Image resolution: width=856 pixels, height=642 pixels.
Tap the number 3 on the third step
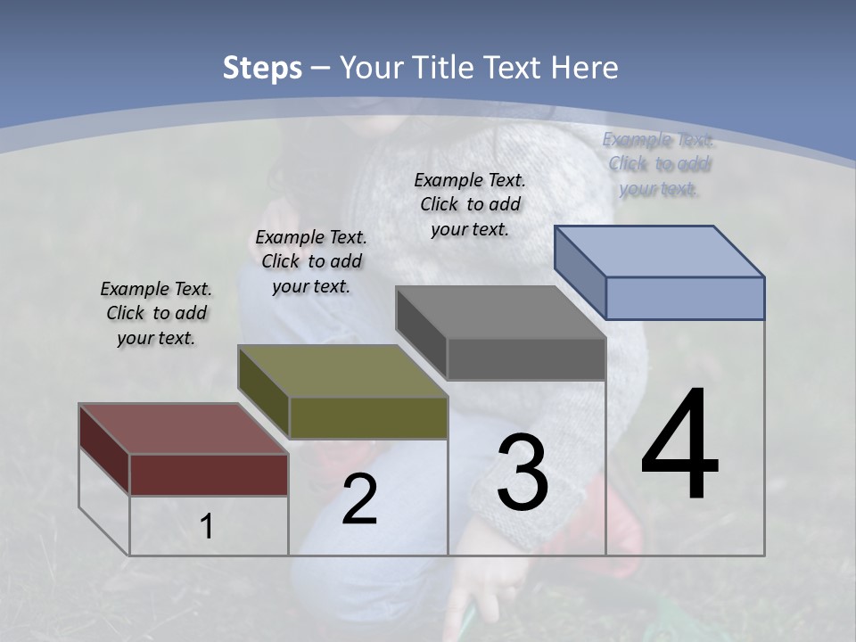(523, 472)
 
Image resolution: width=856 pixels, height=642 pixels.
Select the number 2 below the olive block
(359, 499)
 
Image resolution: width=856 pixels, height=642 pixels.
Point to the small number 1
(207, 527)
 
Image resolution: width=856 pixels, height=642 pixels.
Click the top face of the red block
(183, 429)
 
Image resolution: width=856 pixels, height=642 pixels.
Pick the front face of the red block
(209, 474)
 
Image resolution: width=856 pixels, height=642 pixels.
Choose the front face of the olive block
(368, 417)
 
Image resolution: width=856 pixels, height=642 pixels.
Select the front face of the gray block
(526, 358)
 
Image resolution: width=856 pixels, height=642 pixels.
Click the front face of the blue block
(685, 298)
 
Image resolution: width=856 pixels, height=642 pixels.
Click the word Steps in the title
(262, 68)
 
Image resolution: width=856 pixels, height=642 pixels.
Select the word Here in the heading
(585, 68)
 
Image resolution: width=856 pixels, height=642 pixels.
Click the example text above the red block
(156, 313)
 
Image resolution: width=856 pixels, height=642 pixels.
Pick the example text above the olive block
(311, 261)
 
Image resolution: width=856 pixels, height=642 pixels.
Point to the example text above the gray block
(470, 204)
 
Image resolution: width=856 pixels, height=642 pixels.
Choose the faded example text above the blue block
(659, 164)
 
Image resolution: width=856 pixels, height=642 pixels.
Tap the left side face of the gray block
(421, 333)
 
